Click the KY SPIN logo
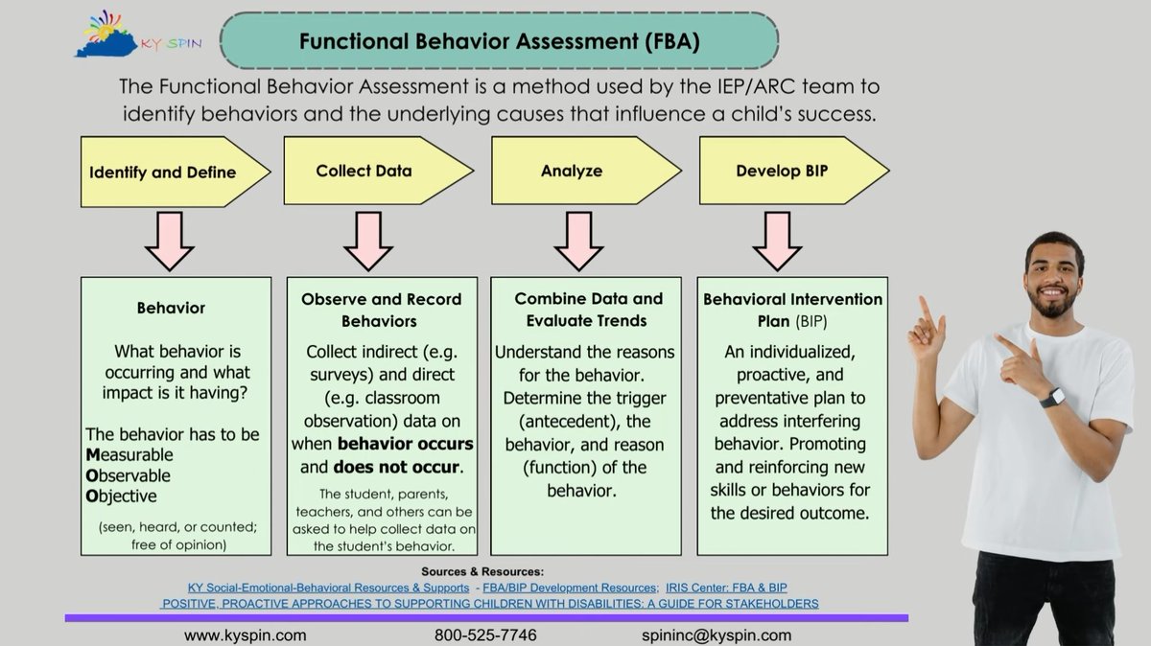click(139, 36)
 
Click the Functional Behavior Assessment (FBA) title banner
click(499, 41)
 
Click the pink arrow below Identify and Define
click(169, 241)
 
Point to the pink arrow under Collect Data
click(368, 241)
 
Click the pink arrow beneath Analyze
click(578, 241)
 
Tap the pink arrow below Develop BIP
click(777, 241)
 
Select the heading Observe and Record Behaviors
click(381, 310)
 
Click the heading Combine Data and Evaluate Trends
click(588, 310)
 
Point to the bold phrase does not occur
click(397, 468)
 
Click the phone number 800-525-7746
click(485, 635)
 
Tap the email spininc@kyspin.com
click(716, 635)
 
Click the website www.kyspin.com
click(246, 635)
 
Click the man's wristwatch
click(1052, 397)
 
